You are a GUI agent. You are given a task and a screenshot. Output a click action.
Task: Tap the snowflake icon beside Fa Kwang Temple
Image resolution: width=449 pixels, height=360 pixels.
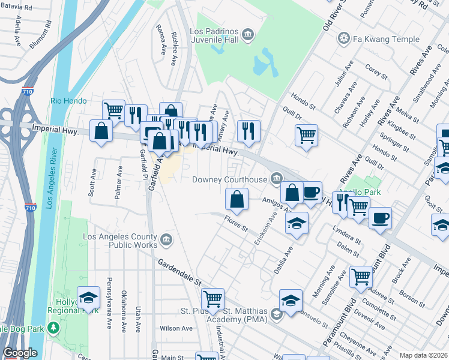click(x=344, y=39)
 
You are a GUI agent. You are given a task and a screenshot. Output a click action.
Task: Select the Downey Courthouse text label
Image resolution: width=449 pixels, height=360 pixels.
click(x=229, y=179)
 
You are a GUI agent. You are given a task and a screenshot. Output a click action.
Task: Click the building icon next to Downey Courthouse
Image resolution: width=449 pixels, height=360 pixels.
click(x=276, y=178)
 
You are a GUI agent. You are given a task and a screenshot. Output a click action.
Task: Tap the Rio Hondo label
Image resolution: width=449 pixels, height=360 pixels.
click(x=65, y=101)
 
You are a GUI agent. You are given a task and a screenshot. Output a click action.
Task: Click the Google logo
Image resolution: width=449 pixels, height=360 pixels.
click(x=20, y=353)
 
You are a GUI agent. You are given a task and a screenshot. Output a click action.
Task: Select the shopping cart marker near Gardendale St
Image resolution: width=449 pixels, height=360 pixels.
click(x=213, y=298)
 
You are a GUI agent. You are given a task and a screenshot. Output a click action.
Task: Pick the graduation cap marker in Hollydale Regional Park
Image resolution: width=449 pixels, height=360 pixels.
click(x=88, y=297)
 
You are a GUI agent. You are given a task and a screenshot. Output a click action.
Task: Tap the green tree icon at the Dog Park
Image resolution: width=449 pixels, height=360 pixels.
click(x=53, y=328)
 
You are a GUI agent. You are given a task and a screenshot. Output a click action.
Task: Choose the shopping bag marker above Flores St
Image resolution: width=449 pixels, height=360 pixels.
click(x=237, y=199)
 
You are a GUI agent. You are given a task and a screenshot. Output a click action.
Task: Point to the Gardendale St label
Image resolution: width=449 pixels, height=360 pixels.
click(x=180, y=272)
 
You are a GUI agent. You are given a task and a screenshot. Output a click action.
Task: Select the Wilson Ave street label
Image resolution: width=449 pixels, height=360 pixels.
click(x=176, y=328)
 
